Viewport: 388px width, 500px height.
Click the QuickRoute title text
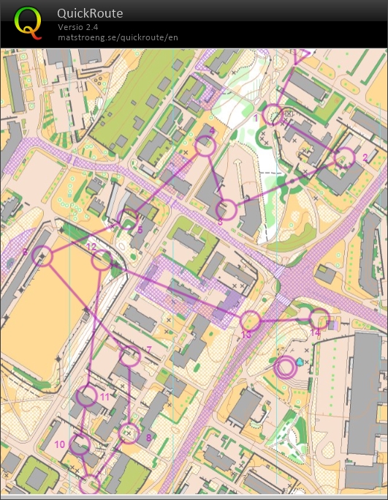pos(90,13)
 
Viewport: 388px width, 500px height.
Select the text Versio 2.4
pos(79,27)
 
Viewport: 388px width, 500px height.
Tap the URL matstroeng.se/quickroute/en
pos(118,37)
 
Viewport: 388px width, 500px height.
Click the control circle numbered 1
pos(273,114)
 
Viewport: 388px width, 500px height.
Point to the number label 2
pos(364,156)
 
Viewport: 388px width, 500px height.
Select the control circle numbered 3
pos(227,209)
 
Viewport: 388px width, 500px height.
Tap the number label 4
pos(212,130)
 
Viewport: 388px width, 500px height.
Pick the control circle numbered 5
pos(128,218)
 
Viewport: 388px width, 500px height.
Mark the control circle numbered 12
pos(102,259)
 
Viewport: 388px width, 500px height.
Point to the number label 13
pos(246,335)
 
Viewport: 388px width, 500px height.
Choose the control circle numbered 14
pos(319,318)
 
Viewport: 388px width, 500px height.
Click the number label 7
pos(148,349)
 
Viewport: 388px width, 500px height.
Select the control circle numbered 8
pos(129,433)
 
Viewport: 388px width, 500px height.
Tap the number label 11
pos(104,397)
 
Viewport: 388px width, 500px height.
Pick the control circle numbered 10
pos(80,444)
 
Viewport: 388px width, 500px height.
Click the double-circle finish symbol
pos(286,367)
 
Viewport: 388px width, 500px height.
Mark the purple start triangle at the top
pos(301,56)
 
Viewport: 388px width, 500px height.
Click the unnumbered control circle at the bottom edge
pos(90,484)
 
